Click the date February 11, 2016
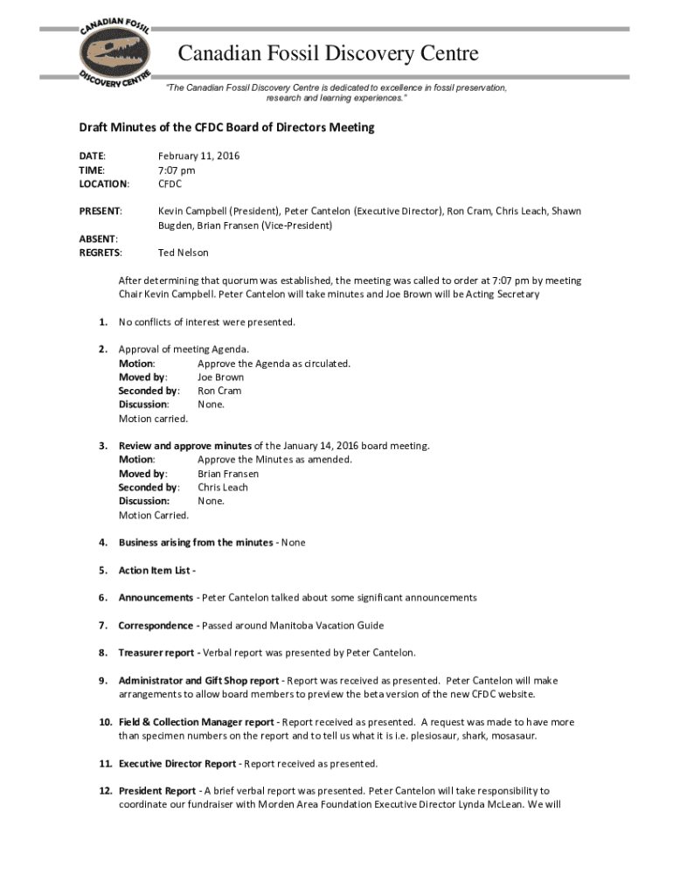point(198,156)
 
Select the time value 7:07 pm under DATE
point(177,170)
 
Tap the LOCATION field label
point(104,184)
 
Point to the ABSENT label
point(99,239)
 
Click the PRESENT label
point(101,212)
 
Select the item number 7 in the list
point(102,626)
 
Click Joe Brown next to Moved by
point(220,378)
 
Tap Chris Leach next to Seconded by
point(222,488)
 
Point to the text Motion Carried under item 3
point(154,515)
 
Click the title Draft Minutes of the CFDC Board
point(226,128)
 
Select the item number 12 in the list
point(103,791)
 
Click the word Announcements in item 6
point(156,598)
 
